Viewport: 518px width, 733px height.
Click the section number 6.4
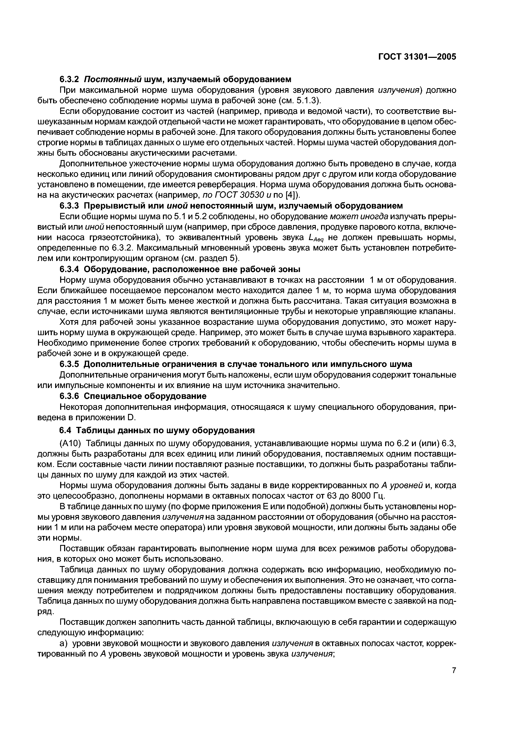coord(66,430)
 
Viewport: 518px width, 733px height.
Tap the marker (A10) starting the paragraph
coord(71,443)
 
